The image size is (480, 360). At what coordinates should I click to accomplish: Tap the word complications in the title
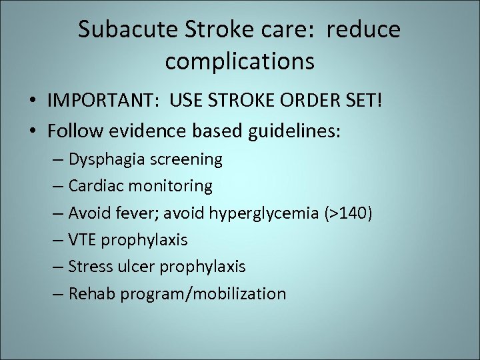coord(239,61)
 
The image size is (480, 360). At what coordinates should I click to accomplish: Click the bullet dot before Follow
coord(32,132)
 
